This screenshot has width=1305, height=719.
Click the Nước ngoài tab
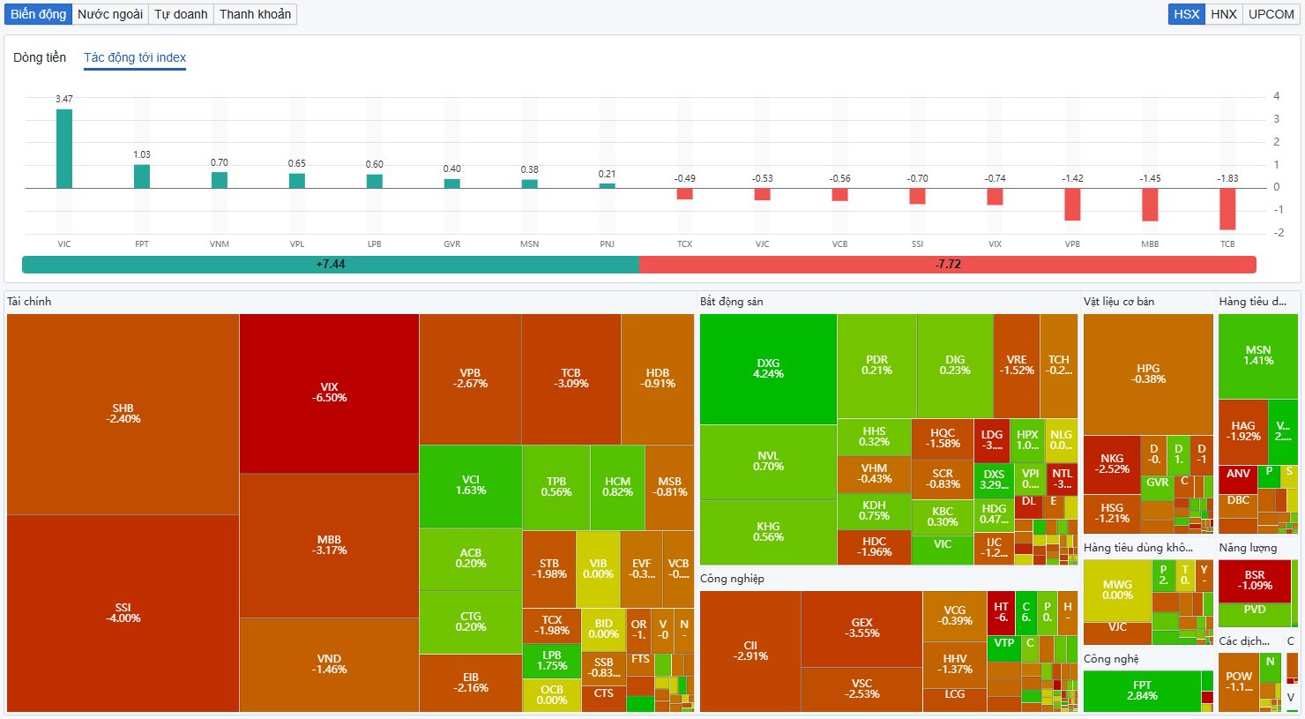(x=110, y=14)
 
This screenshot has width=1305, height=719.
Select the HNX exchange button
(x=1224, y=14)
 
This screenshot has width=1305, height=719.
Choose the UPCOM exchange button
(x=1271, y=14)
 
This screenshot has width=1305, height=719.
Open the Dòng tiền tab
(x=40, y=57)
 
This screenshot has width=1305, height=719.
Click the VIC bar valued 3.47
(x=64, y=148)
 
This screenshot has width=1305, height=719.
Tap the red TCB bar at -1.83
(x=1227, y=209)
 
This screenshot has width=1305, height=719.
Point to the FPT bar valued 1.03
(x=142, y=176)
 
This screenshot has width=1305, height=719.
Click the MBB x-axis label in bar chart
(x=1150, y=244)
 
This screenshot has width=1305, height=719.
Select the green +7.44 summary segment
(x=331, y=265)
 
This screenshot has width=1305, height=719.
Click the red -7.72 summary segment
(x=948, y=265)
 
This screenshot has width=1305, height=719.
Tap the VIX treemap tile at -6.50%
(x=329, y=393)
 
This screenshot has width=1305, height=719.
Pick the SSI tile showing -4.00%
(x=123, y=613)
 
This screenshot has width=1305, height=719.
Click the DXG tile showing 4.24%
(x=768, y=369)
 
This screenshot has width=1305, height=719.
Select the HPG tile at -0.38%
(x=1148, y=374)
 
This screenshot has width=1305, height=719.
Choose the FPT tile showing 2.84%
(x=1142, y=691)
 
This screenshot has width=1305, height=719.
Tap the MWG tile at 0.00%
(x=1117, y=590)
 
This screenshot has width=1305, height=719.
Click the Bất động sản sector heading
(x=731, y=302)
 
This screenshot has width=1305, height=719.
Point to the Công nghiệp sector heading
(x=732, y=579)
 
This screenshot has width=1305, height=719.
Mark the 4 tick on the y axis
(x=1276, y=96)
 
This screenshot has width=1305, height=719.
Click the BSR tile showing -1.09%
(x=1254, y=580)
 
